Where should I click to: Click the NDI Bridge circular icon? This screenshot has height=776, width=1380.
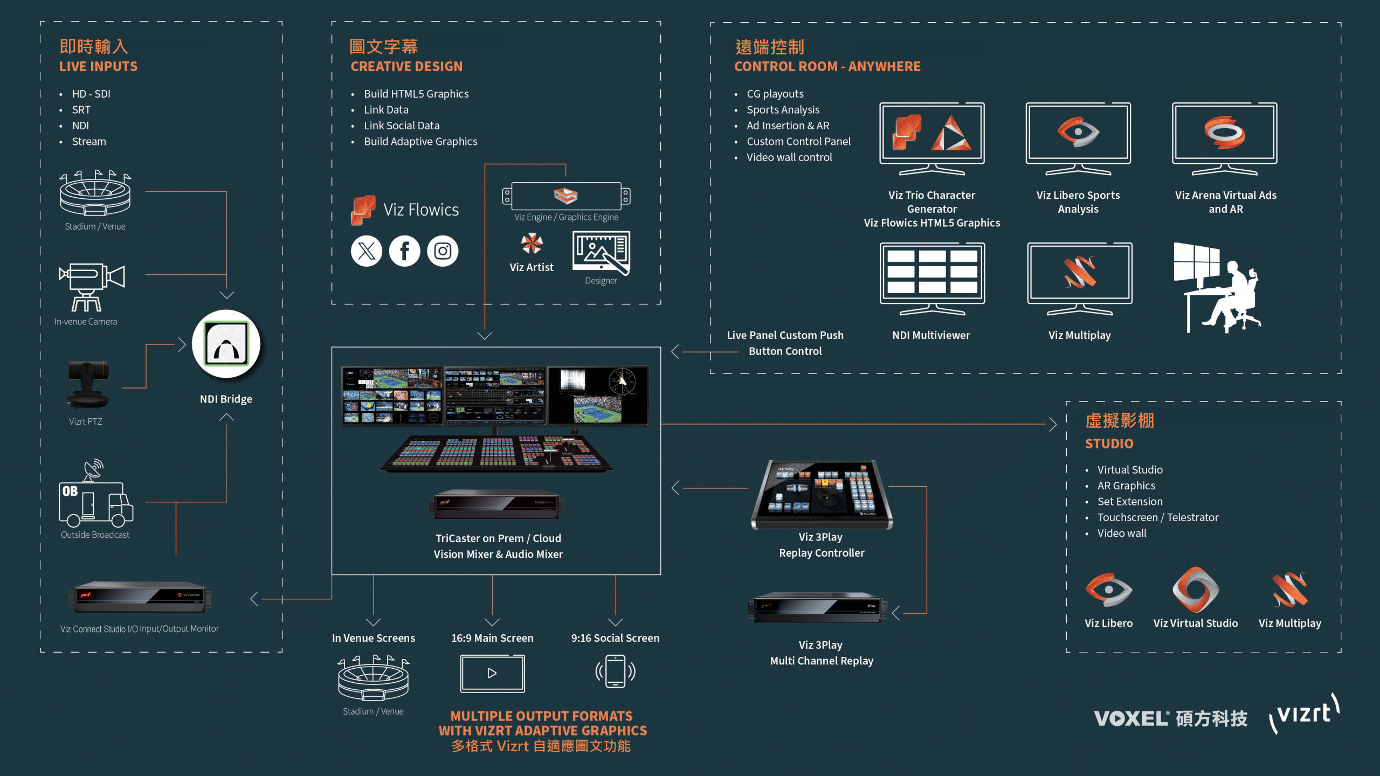226,344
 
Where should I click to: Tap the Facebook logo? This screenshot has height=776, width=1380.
404,251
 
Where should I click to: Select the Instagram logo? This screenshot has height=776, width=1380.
443,251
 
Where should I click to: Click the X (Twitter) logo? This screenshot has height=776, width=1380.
367,251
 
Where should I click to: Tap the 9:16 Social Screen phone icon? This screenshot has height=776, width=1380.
615,671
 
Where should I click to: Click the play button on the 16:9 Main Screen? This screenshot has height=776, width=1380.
492,673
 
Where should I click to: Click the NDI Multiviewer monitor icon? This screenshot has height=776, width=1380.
932,277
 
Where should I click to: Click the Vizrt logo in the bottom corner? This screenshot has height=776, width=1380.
1304,715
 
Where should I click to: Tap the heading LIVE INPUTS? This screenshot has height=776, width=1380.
98,67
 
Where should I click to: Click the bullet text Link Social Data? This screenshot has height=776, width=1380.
402,126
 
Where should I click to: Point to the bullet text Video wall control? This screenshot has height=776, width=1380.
789,157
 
